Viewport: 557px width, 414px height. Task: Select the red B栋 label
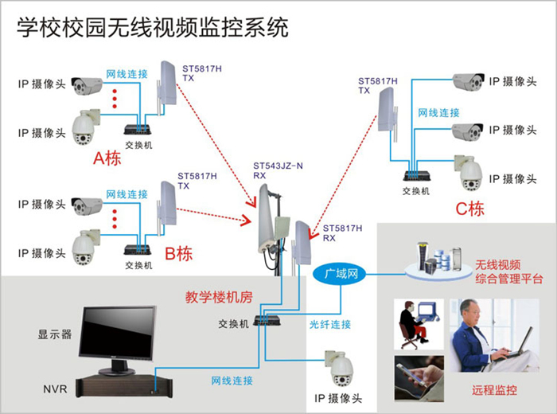177,254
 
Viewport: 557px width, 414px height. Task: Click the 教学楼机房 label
219,297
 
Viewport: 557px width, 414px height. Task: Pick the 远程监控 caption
494,392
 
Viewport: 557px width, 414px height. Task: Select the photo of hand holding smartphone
419,377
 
